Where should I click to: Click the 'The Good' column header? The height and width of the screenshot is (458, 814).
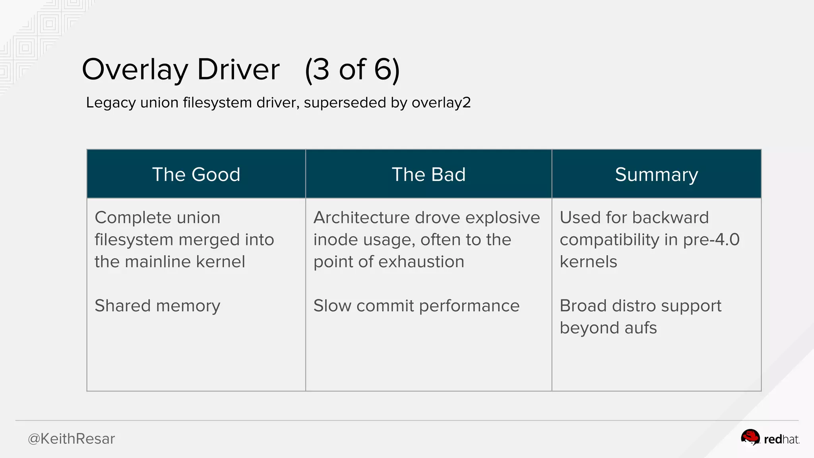(196, 175)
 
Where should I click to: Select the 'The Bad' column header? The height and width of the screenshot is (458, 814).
(428, 175)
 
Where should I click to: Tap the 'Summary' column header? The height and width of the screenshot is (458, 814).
(656, 175)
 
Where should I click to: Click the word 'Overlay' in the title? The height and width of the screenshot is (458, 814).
(134, 70)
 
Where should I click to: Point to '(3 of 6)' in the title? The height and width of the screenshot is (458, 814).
(352, 70)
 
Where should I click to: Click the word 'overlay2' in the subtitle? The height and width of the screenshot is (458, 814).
(441, 103)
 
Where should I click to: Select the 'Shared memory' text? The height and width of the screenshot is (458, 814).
(157, 306)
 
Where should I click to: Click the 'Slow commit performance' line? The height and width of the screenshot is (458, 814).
(416, 306)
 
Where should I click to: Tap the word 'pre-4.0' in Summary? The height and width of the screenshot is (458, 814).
(711, 240)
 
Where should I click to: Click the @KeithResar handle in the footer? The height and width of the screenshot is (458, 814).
(71, 439)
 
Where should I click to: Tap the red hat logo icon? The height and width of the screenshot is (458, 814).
(750, 438)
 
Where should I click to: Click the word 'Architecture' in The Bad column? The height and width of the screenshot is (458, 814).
(361, 217)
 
